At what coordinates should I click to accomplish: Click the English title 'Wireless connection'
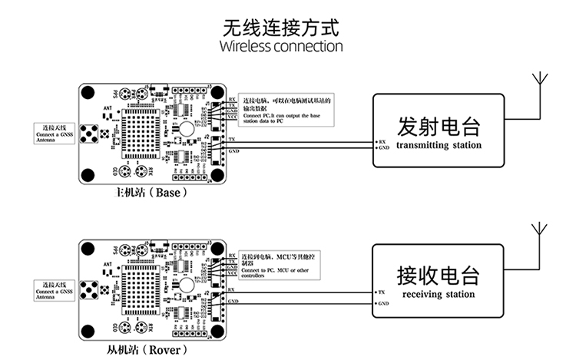pyautogui.click(x=280, y=46)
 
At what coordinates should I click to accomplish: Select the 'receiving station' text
pyautogui.click(x=439, y=294)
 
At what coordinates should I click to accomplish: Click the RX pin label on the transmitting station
pyautogui.click(x=382, y=141)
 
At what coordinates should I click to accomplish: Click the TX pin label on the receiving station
pyautogui.click(x=382, y=292)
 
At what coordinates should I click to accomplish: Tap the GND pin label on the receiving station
pyautogui.click(x=383, y=304)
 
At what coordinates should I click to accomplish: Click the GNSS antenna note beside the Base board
pyautogui.click(x=55, y=135)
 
